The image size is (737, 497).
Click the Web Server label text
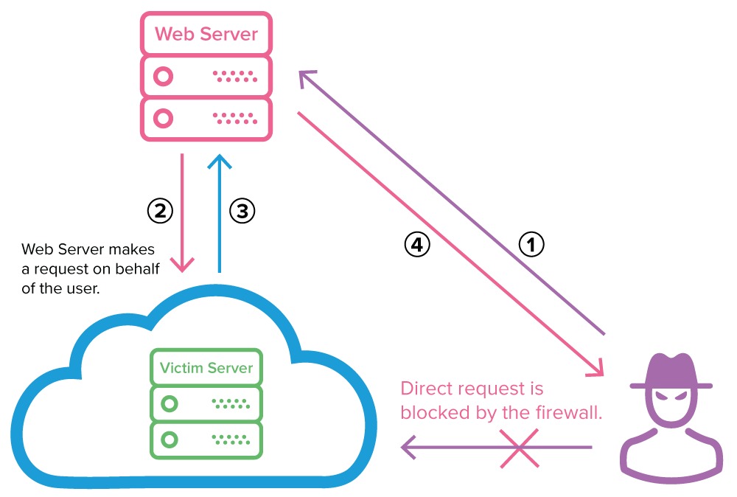point(206,34)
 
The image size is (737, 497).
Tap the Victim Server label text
point(206,367)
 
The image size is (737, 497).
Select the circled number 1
point(531,244)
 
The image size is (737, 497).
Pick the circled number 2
point(160,211)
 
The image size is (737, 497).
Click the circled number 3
point(242,211)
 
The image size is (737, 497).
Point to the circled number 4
point(416,244)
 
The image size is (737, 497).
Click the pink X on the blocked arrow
point(517,447)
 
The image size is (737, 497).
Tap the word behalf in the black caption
point(139,268)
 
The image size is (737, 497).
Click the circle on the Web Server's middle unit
point(164,76)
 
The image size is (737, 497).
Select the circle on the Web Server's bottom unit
point(164,118)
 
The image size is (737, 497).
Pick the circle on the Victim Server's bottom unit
point(170,440)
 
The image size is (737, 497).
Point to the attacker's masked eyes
point(671,397)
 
